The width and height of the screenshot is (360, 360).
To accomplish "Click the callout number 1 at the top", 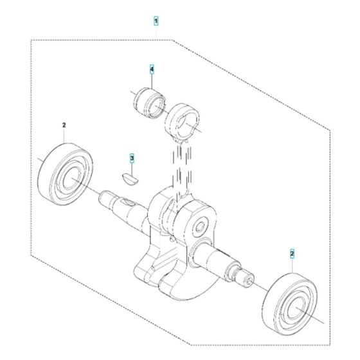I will point(156,21).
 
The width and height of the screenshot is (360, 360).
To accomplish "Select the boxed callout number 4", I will point(152,68).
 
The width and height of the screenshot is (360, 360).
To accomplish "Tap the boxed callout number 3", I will point(132,157).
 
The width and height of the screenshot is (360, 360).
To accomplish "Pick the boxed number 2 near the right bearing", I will point(292,254).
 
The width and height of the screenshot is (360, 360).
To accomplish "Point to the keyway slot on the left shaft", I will point(129,204).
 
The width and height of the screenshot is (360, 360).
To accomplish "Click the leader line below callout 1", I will point(156,32).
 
